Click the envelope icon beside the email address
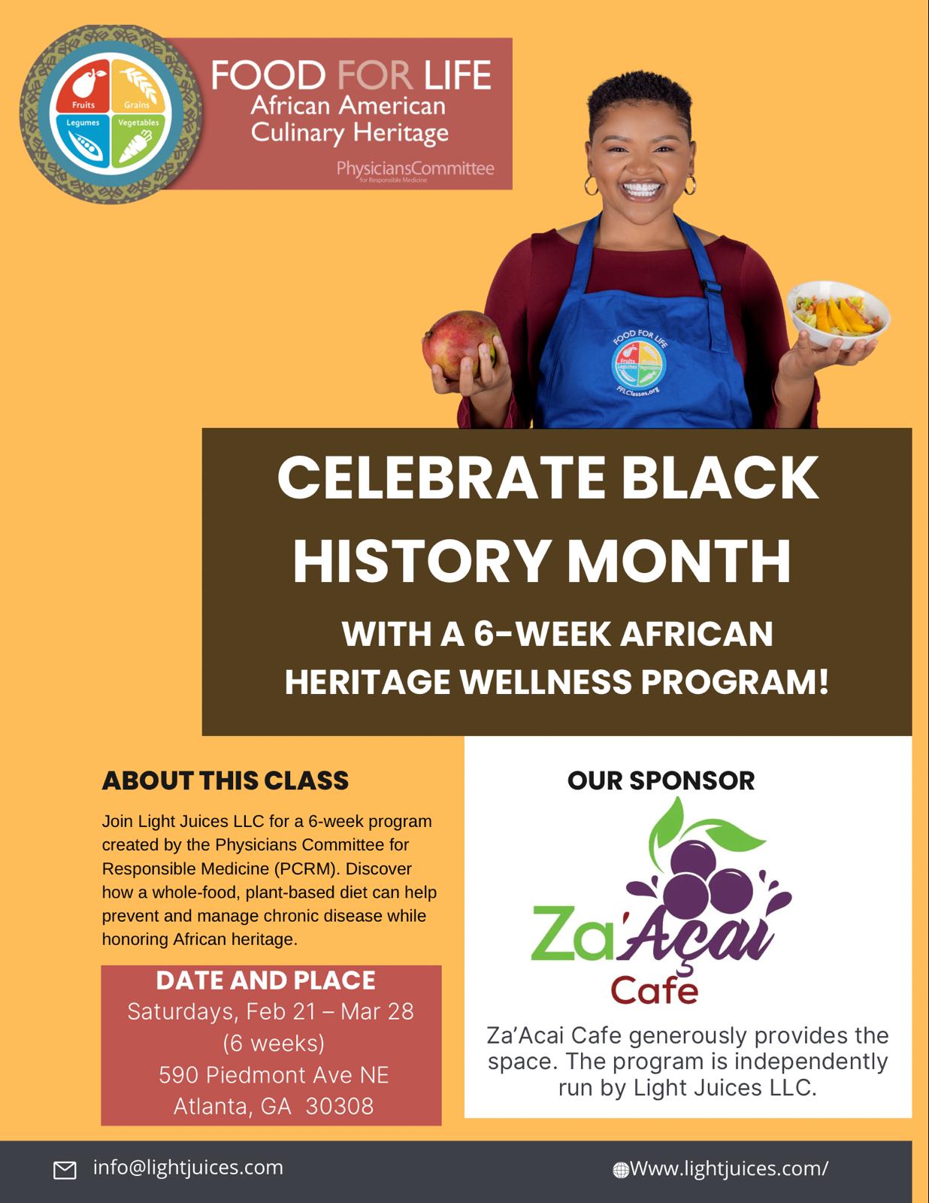(64, 1170)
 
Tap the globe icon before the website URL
(621, 1169)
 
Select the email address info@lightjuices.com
(188, 1167)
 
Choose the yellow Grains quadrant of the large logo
(138, 86)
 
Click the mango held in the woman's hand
(460, 344)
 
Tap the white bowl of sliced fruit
(838, 314)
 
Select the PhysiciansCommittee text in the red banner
(415, 168)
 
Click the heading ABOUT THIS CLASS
(225, 780)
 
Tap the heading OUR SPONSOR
(661, 780)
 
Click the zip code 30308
(340, 1106)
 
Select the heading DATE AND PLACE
(265, 980)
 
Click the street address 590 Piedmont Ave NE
(274, 1075)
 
